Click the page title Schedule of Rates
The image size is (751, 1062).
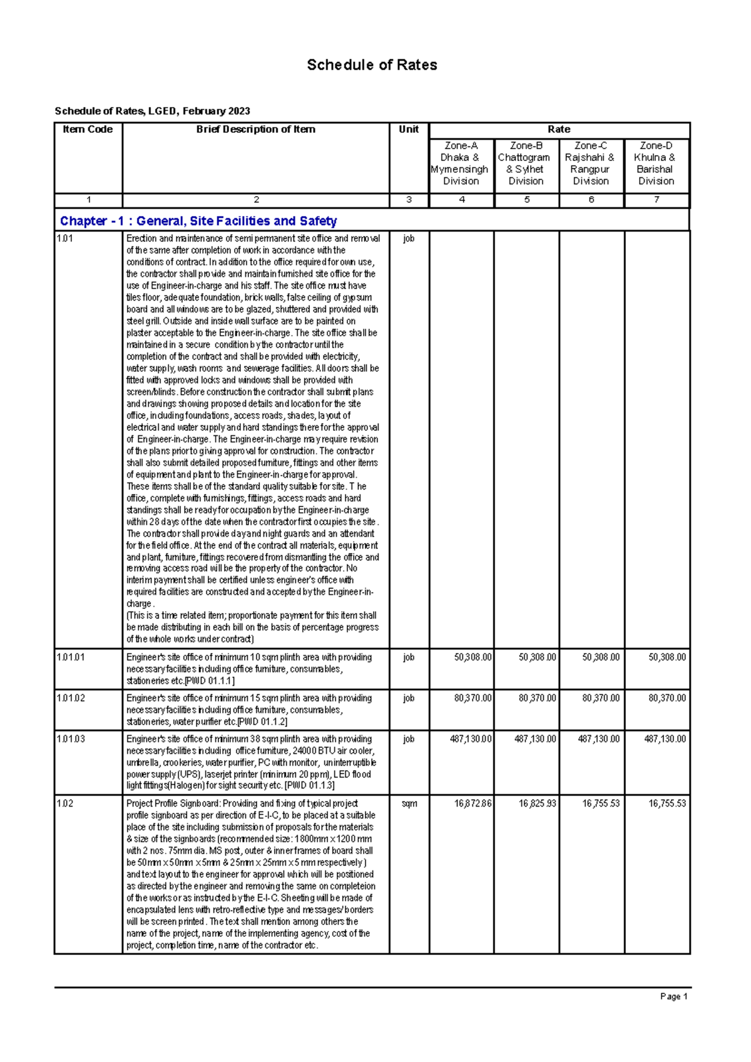372,65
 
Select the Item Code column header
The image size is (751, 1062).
88,130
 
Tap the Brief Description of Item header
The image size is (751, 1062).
255,130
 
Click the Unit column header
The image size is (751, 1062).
409,130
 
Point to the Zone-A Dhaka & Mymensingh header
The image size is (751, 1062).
461,163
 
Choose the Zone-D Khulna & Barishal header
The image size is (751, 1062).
656,163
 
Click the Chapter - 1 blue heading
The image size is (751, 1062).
198,221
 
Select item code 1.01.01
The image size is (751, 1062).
71,657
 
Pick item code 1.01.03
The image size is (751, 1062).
71,739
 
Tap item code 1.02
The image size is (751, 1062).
65,803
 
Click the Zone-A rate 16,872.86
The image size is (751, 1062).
473,803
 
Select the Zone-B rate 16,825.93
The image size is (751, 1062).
537,803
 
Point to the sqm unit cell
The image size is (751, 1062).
409,803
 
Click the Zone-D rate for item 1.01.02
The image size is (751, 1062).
667,698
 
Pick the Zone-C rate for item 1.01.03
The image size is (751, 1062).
598,739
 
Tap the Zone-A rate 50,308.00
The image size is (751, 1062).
473,657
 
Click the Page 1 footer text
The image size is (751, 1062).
673,997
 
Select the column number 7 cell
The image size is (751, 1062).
656,200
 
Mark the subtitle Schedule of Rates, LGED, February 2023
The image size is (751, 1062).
152,111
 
